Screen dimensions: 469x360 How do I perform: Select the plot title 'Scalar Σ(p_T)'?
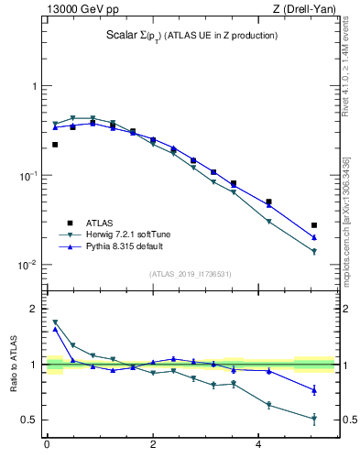[147, 36]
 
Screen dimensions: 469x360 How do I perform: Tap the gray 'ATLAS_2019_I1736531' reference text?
[191, 274]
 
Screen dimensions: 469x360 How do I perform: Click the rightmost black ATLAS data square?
[314, 224]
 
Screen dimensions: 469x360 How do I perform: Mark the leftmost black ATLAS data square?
[55, 144]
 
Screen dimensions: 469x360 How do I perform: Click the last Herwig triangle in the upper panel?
[314, 251]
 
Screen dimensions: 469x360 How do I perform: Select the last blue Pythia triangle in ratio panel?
[314, 390]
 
